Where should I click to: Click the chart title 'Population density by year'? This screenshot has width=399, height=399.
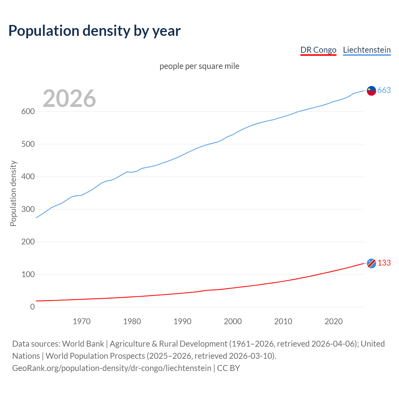click(x=94, y=31)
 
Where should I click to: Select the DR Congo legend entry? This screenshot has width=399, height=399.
click(x=318, y=50)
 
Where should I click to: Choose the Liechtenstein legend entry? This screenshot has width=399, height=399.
click(x=367, y=50)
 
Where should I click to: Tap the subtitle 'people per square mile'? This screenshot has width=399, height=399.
click(x=199, y=66)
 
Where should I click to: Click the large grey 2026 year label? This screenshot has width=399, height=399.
click(x=69, y=99)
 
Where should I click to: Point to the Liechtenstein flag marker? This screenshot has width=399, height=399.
click(x=371, y=90)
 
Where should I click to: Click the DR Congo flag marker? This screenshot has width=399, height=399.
click(x=371, y=263)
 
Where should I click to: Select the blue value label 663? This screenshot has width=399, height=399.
click(x=384, y=90)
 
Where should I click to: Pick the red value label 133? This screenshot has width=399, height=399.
click(x=384, y=263)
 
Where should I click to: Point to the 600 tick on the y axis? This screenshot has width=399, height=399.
click(x=28, y=112)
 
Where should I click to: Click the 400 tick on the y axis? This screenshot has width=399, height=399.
click(x=28, y=177)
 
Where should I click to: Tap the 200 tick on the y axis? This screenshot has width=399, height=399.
click(x=28, y=242)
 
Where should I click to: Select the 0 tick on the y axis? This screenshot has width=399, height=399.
click(x=32, y=307)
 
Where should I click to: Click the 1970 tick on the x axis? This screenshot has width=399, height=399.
click(x=82, y=321)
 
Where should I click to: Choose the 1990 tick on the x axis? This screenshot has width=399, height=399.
click(x=182, y=321)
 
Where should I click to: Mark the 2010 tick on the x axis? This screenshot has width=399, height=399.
click(x=283, y=321)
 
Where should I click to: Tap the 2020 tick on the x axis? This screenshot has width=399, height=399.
click(x=334, y=321)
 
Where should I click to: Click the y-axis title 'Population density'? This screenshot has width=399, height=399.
click(x=13, y=193)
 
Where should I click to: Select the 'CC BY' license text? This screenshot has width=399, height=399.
click(x=228, y=368)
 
